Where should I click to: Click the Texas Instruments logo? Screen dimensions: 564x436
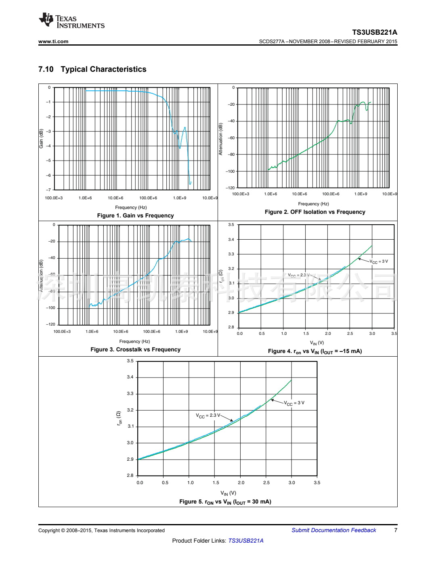[x=71, y=21]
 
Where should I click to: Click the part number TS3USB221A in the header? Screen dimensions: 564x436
[x=374, y=32]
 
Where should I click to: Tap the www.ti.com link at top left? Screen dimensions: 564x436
[x=53, y=41]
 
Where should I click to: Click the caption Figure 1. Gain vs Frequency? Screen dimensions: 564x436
[x=135, y=215]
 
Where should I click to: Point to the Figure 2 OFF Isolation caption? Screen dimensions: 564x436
[x=315, y=212]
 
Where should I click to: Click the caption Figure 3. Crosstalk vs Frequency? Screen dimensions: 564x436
[x=135, y=349]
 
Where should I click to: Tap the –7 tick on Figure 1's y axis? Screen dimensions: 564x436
[x=49, y=190]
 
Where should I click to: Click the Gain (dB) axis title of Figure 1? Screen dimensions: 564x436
[x=41, y=138]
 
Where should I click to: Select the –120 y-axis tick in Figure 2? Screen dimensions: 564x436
[x=230, y=188]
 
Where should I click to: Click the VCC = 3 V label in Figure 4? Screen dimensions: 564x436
[x=379, y=261]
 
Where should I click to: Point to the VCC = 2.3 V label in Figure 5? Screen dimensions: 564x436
[x=208, y=416]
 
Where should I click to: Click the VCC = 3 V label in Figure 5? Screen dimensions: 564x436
[x=294, y=403]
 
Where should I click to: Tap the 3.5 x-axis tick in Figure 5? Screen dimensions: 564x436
[x=317, y=483]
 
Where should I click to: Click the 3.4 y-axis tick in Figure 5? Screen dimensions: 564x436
[x=130, y=377]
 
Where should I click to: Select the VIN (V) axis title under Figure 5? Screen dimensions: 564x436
[x=228, y=493]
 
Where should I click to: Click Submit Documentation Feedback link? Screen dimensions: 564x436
[x=333, y=530]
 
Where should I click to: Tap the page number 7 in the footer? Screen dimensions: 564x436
[x=396, y=530]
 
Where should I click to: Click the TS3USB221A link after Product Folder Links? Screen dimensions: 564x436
[x=246, y=541]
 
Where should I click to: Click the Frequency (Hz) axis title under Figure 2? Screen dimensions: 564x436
[x=313, y=204]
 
